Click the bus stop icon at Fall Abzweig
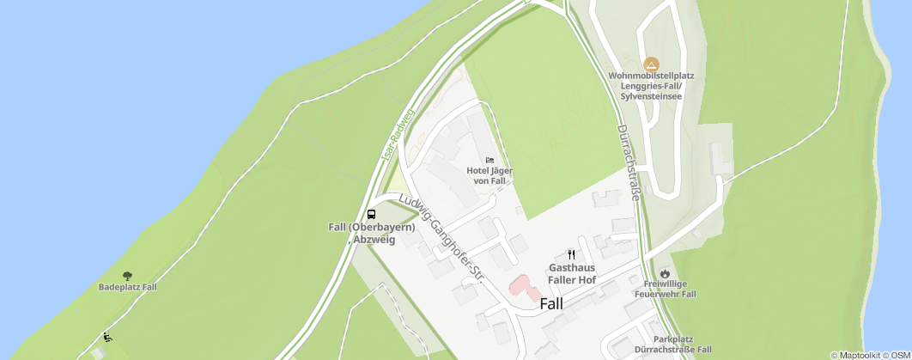[372, 214]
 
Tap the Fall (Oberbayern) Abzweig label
[372, 233]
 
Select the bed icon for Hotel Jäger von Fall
[489, 160]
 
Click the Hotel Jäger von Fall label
[489, 175]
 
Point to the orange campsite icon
[651, 64]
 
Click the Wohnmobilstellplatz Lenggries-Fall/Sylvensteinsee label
[651, 86]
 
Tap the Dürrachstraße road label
[628, 162]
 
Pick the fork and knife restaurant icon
[572, 254]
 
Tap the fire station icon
[664, 271]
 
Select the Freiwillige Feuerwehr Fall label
[664, 289]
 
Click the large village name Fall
[551, 303]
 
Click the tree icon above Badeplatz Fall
[128, 276]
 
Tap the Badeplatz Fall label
[128, 287]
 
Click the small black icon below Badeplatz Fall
[107, 337]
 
